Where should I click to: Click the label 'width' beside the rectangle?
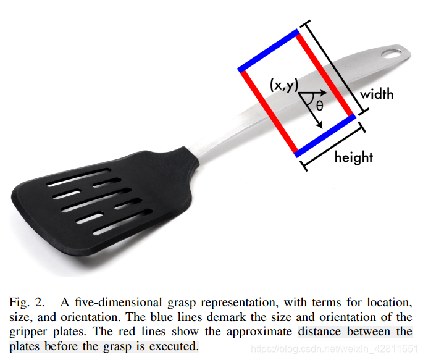pyautogui.click(x=377, y=94)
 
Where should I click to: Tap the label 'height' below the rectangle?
pyautogui.click(x=353, y=157)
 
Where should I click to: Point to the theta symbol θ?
pyautogui.click(x=319, y=105)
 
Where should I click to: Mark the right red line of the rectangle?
pyautogui.click(x=325, y=75)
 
